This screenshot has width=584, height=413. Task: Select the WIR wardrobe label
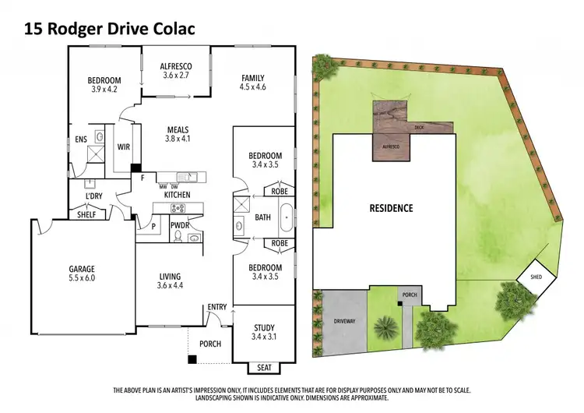pyautogui.click(x=121, y=146)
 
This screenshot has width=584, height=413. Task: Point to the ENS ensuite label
pyautogui.click(x=81, y=140)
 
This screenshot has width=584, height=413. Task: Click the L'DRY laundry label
pyautogui.click(x=94, y=195)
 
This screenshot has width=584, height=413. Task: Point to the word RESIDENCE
pyautogui.click(x=391, y=209)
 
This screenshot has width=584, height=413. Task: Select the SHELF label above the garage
pyautogui.click(x=86, y=214)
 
